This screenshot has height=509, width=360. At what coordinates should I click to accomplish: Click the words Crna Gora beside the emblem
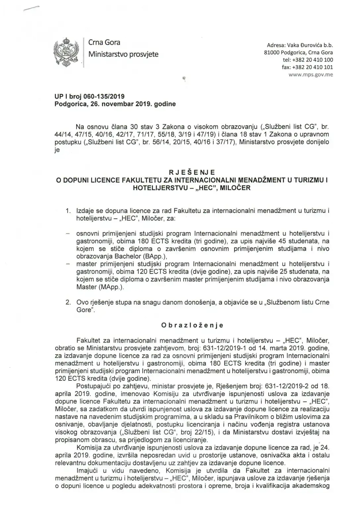coord(104,42)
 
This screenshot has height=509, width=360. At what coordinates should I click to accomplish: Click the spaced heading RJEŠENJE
coord(192,172)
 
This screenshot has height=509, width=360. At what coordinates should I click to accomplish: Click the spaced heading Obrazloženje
coord(192,325)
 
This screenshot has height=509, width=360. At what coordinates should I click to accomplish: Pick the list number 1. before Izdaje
coord(69,211)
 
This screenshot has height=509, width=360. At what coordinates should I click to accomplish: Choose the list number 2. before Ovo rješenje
coord(69,303)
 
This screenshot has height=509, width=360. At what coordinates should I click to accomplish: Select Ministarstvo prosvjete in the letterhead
coord(123,54)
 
